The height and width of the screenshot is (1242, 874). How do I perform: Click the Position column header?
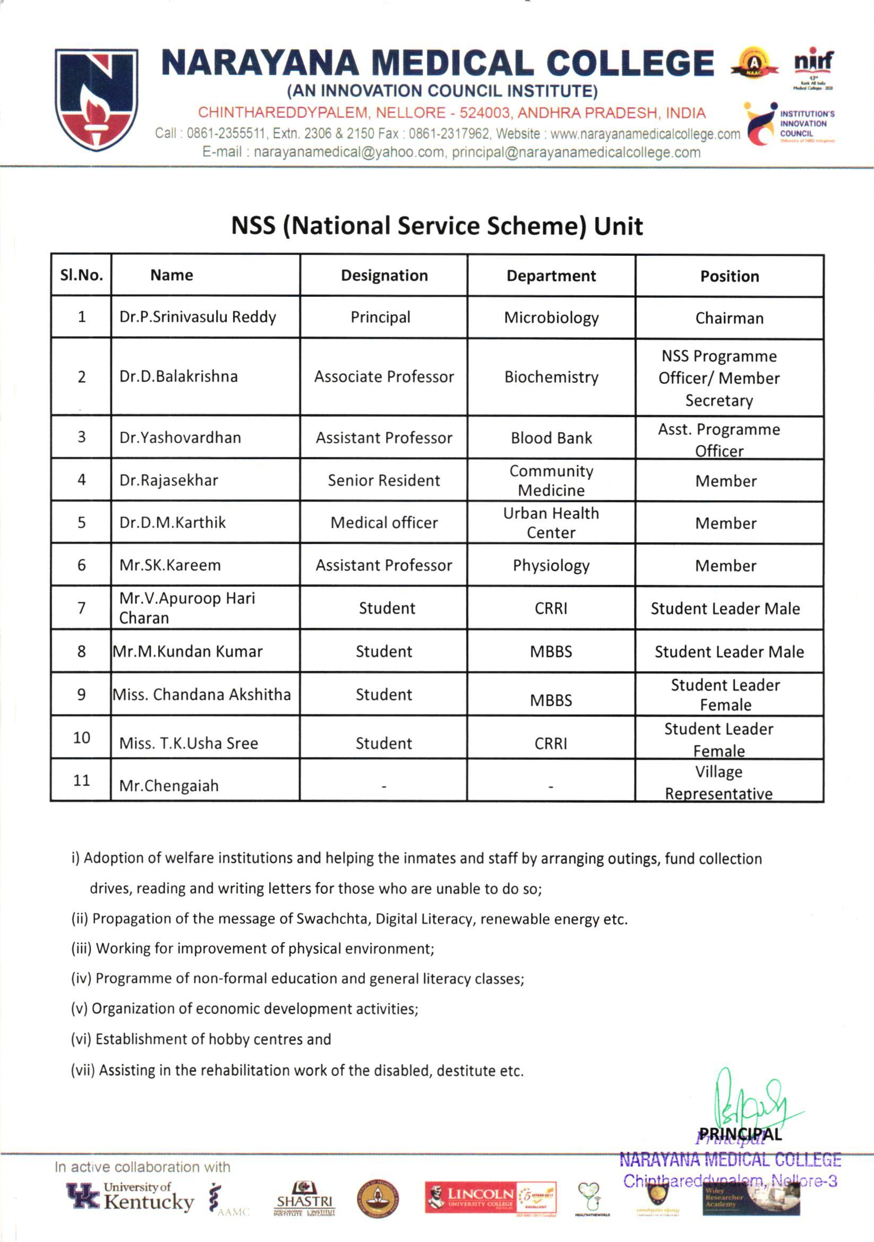pos(729,277)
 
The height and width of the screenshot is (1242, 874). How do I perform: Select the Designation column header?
pos(384,276)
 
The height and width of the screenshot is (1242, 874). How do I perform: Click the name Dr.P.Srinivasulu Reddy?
pos(198,317)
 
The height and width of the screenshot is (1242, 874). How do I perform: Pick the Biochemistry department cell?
pos(551,377)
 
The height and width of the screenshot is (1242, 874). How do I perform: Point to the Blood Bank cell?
pos(551,438)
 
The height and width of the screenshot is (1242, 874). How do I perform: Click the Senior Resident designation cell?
pos(384,480)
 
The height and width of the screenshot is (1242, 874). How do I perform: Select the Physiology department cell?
pos(551,565)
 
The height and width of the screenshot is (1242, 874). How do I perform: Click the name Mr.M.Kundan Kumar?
pos(187,651)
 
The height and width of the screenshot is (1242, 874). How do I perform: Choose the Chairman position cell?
pos(729,318)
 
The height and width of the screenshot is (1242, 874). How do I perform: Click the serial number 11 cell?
pos(81,780)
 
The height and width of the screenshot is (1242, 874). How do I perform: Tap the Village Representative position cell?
pos(718,782)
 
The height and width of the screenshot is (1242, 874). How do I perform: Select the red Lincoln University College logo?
pos(490,1197)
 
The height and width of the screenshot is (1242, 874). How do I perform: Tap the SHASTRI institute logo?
pos(304,1197)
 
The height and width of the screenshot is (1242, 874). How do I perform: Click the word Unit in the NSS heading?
pos(618,226)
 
